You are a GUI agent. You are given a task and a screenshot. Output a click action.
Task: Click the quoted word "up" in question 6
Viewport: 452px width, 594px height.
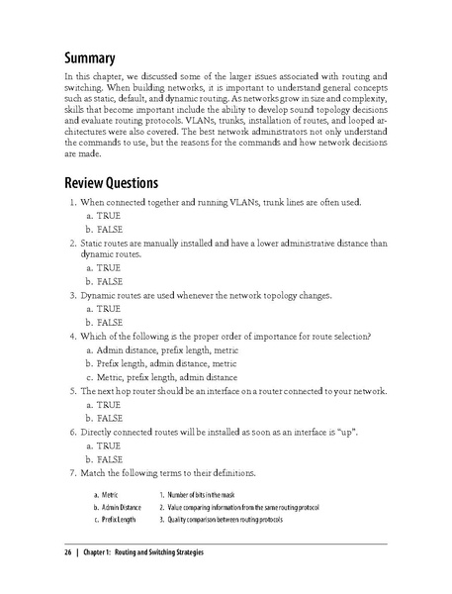click(360, 432)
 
